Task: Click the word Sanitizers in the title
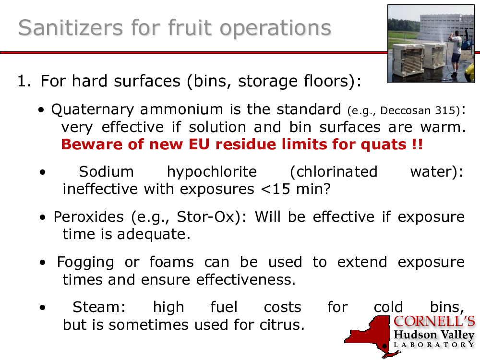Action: click(x=71, y=27)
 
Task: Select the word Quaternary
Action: click(x=93, y=110)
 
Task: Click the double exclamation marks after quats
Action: click(x=417, y=144)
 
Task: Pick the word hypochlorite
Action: click(x=212, y=172)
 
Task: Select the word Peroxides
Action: click(x=89, y=217)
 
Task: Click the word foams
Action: click(x=171, y=262)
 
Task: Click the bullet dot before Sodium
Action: click(x=42, y=172)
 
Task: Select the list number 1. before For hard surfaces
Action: click(x=24, y=81)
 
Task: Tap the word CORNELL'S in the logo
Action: click(x=434, y=322)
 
